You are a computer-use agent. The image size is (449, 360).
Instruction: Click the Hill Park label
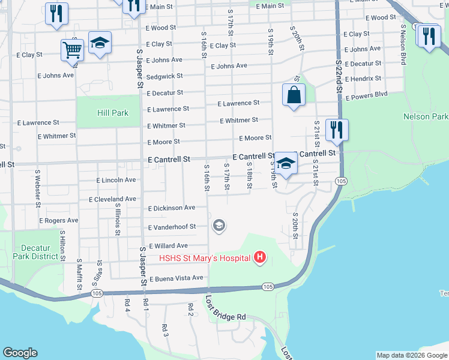pos(113,113)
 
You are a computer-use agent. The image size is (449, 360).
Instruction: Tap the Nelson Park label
pos(426,116)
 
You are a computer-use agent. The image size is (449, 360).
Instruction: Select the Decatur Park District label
pos(37,251)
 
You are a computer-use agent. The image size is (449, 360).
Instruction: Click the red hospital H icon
pos(260,258)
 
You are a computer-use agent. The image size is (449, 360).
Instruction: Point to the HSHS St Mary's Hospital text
pos(204,259)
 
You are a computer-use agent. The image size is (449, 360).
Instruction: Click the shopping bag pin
pos(294,95)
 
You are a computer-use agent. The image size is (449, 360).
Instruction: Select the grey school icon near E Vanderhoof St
pos(219,226)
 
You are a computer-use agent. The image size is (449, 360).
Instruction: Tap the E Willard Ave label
pos(168,245)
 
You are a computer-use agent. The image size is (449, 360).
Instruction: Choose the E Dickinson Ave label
pos(172,208)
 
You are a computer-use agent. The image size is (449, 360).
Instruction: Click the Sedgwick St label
pos(164,76)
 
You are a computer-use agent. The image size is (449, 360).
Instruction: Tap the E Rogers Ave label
pos(59,220)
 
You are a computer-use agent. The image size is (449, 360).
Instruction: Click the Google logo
pos(20,353)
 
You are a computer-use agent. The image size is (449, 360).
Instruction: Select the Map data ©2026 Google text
pos(411,355)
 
